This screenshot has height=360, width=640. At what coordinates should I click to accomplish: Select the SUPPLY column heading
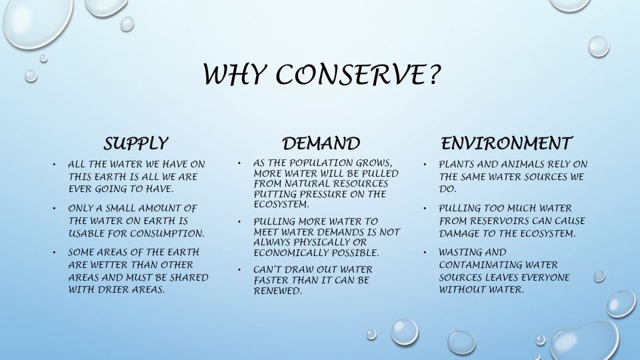click(x=135, y=143)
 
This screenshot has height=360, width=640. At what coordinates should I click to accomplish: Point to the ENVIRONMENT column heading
click(x=506, y=143)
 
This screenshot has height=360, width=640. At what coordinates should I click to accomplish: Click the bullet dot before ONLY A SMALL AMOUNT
click(x=55, y=209)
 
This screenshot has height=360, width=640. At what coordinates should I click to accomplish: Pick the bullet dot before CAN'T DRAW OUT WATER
click(x=239, y=269)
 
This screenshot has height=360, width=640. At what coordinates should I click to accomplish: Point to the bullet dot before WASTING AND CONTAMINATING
click(x=425, y=253)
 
